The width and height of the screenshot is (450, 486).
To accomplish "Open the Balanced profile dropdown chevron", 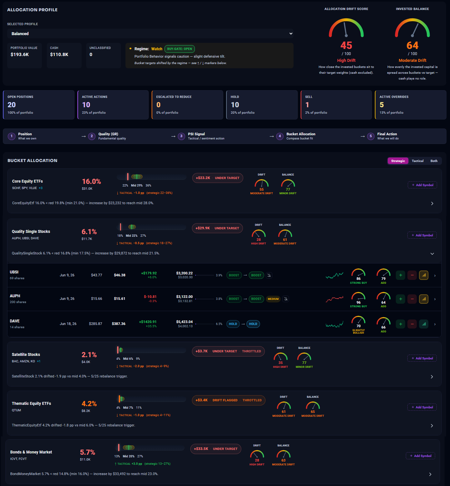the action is click(x=291, y=33).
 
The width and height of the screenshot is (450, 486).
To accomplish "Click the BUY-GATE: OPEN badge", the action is click(x=179, y=49).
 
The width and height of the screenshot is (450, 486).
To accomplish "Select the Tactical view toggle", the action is click(x=417, y=161).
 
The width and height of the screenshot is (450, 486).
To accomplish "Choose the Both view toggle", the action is click(x=434, y=161).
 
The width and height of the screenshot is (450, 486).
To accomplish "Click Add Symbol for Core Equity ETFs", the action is click(x=422, y=185).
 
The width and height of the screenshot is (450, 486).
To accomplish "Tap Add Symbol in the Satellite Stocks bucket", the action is click(x=422, y=358).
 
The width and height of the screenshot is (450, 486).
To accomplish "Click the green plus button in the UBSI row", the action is click(x=401, y=275).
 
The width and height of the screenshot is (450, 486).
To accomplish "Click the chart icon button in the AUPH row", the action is click(x=424, y=299).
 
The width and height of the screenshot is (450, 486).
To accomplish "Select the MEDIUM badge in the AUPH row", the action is click(x=273, y=299).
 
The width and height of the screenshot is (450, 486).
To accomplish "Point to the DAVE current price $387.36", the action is click(x=119, y=324).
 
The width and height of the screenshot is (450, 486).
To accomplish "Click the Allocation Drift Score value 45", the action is click(x=346, y=45).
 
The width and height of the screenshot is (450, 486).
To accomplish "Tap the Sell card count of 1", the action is click(x=307, y=105).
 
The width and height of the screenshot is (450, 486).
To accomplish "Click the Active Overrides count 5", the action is click(x=382, y=105).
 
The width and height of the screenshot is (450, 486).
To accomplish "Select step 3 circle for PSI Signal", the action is click(x=181, y=136).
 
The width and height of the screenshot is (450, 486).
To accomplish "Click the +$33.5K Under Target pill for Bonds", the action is click(x=216, y=449).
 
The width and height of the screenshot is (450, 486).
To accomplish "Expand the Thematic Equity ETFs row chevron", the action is click(x=432, y=425).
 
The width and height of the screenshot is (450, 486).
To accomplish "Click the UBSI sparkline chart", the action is click(x=335, y=276).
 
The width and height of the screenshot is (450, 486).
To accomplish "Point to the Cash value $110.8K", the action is click(x=59, y=54).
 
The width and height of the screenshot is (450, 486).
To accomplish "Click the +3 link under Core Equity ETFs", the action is click(x=40, y=188).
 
